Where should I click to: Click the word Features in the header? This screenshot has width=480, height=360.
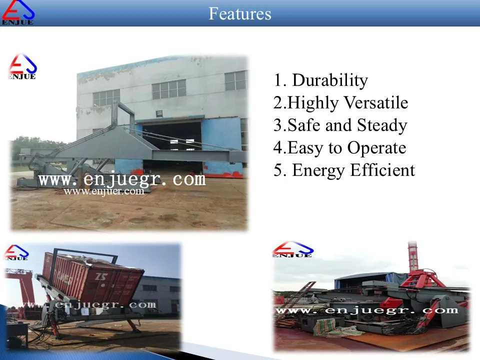[239, 14]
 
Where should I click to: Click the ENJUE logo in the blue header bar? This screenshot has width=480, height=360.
[18, 12]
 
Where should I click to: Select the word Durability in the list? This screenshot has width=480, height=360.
[330, 80]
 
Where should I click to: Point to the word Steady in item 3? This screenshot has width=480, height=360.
[382, 126]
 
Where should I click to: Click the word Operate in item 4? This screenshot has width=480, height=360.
[376, 148]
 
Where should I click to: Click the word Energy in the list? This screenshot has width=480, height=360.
[318, 171]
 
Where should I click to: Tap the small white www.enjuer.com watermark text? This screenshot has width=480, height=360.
[104, 191]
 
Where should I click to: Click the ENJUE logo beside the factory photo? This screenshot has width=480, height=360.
[22, 67]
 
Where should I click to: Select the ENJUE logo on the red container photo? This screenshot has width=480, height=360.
[16, 252]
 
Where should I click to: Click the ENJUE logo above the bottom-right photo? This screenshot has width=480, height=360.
[293, 249]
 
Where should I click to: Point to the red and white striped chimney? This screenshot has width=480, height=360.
[412, 257]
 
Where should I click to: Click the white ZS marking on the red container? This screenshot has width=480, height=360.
[100, 276]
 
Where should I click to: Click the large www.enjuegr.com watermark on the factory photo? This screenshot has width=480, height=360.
[122, 179]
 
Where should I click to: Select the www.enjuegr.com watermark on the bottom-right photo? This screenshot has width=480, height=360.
[367, 310]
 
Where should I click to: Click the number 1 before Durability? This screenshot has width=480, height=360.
[278, 80]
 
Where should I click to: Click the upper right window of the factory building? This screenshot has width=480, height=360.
[235, 81]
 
